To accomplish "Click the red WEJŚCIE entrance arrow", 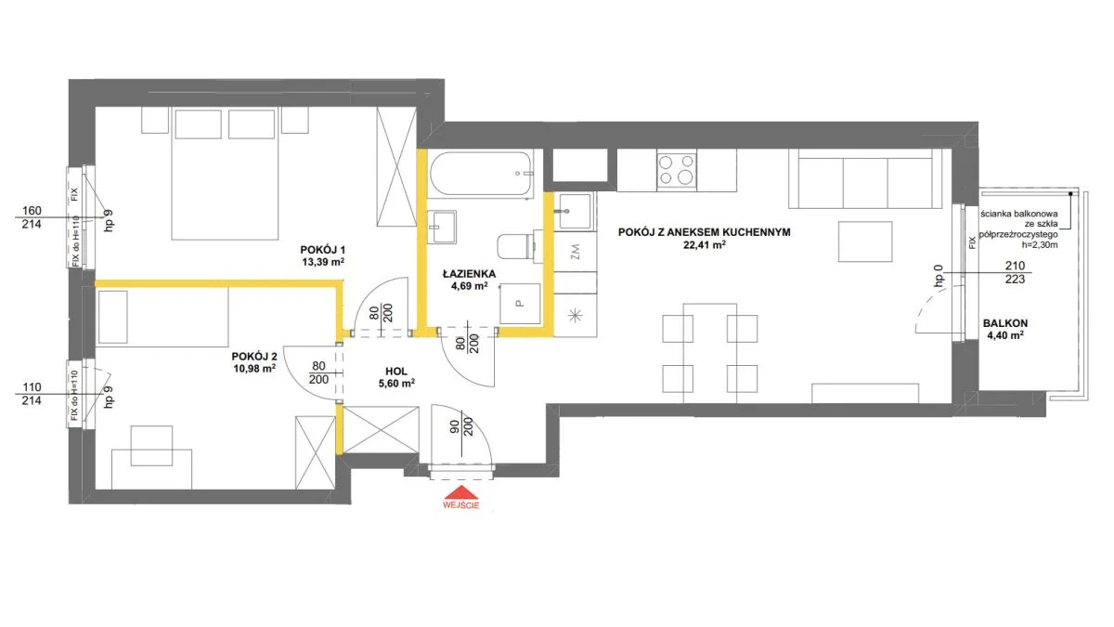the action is pyautogui.click(x=461, y=492).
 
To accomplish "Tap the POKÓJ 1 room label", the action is pyautogui.click(x=323, y=250).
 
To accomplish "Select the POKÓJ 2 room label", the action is pyautogui.click(x=254, y=357).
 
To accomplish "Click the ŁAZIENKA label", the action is pyautogui.click(x=469, y=274).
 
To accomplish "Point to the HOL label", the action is pyautogui.click(x=396, y=372).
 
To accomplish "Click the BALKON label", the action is pyautogui.click(x=1005, y=323).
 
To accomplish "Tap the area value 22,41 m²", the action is pyautogui.click(x=705, y=245).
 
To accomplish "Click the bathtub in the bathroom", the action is pyautogui.click(x=482, y=175).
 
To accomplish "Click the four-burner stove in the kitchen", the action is pyautogui.click(x=677, y=171).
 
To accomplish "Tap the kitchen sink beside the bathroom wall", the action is pyautogui.click(x=575, y=211).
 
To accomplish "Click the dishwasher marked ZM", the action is pyautogui.click(x=576, y=251).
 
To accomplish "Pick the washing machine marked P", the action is pyautogui.click(x=520, y=304).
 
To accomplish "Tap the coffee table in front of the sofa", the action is pyautogui.click(x=865, y=242).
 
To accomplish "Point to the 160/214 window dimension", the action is pyautogui.click(x=32, y=217).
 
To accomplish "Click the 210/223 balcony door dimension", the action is pyautogui.click(x=1015, y=272).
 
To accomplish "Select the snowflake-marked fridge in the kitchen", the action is pyautogui.click(x=576, y=316).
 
